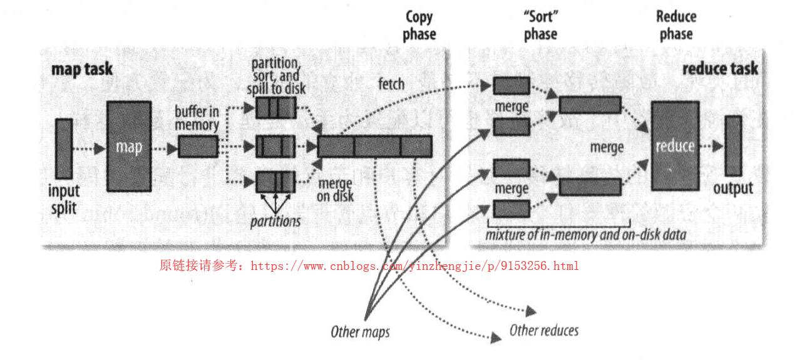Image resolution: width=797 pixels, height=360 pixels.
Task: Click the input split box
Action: click(x=64, y=148)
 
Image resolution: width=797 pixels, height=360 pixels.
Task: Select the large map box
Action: click(x=129, y=146)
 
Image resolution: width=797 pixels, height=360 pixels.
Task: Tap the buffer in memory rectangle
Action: click(x=198, y=147)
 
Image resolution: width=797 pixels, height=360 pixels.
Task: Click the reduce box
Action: click(x=675, y=146)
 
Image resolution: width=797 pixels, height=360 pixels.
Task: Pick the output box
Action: click(x=733, y=145)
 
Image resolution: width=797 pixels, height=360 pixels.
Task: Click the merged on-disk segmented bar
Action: click(x=374, y=146)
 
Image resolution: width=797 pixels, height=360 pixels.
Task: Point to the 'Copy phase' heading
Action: click(x=419, y=26)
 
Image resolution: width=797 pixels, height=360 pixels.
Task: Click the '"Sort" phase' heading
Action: click(x=540, y=26)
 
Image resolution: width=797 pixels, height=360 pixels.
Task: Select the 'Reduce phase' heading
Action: click(x=676, y=26)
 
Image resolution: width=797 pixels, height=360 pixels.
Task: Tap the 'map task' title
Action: click(x=82, y=69)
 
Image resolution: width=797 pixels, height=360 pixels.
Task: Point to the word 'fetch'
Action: click(x=391, y=84)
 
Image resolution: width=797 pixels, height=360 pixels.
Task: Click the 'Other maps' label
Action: click(x=360, y=331)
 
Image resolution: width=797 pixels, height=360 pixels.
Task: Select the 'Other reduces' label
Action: click(x=544, y=330)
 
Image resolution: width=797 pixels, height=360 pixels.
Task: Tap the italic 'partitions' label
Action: click(x=275, y=221)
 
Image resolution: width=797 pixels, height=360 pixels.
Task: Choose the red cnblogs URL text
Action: click(x=369, y=266)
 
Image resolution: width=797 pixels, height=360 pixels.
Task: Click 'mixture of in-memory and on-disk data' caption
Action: click(x=585, y=235)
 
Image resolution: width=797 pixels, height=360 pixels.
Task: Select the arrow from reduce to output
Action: click(x=712, y=146)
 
